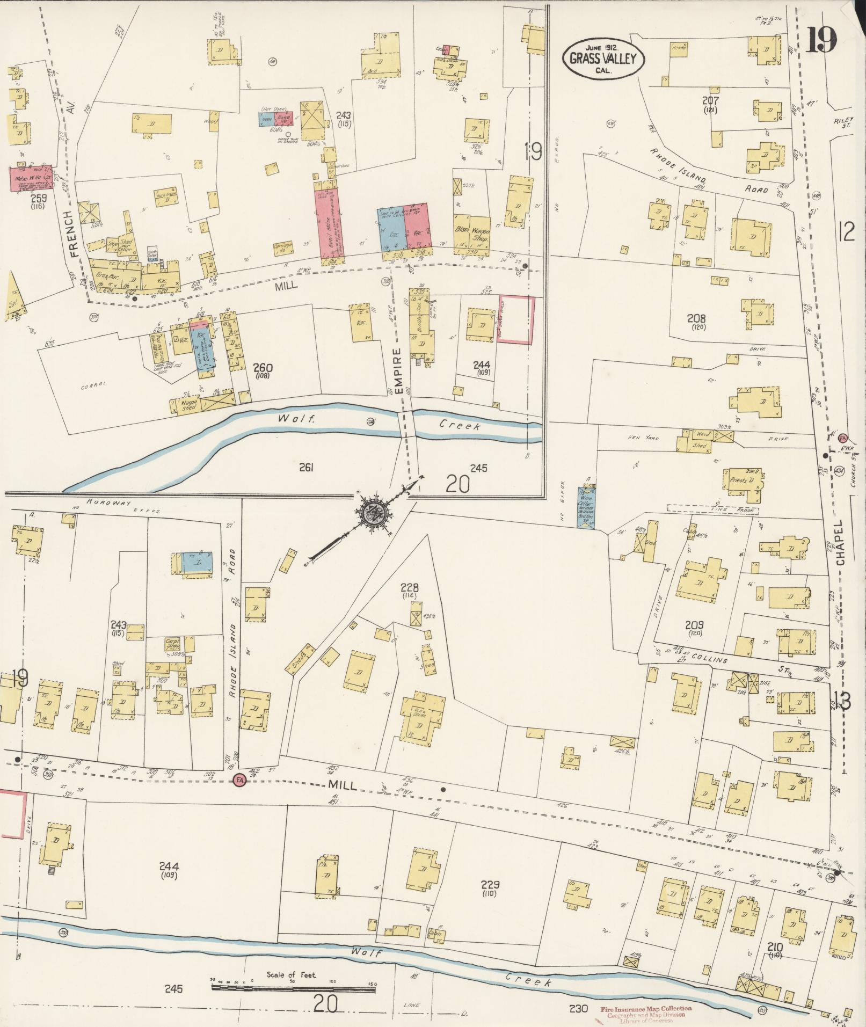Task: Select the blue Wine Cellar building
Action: pos(586,507)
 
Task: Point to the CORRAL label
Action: pos(92,386)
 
